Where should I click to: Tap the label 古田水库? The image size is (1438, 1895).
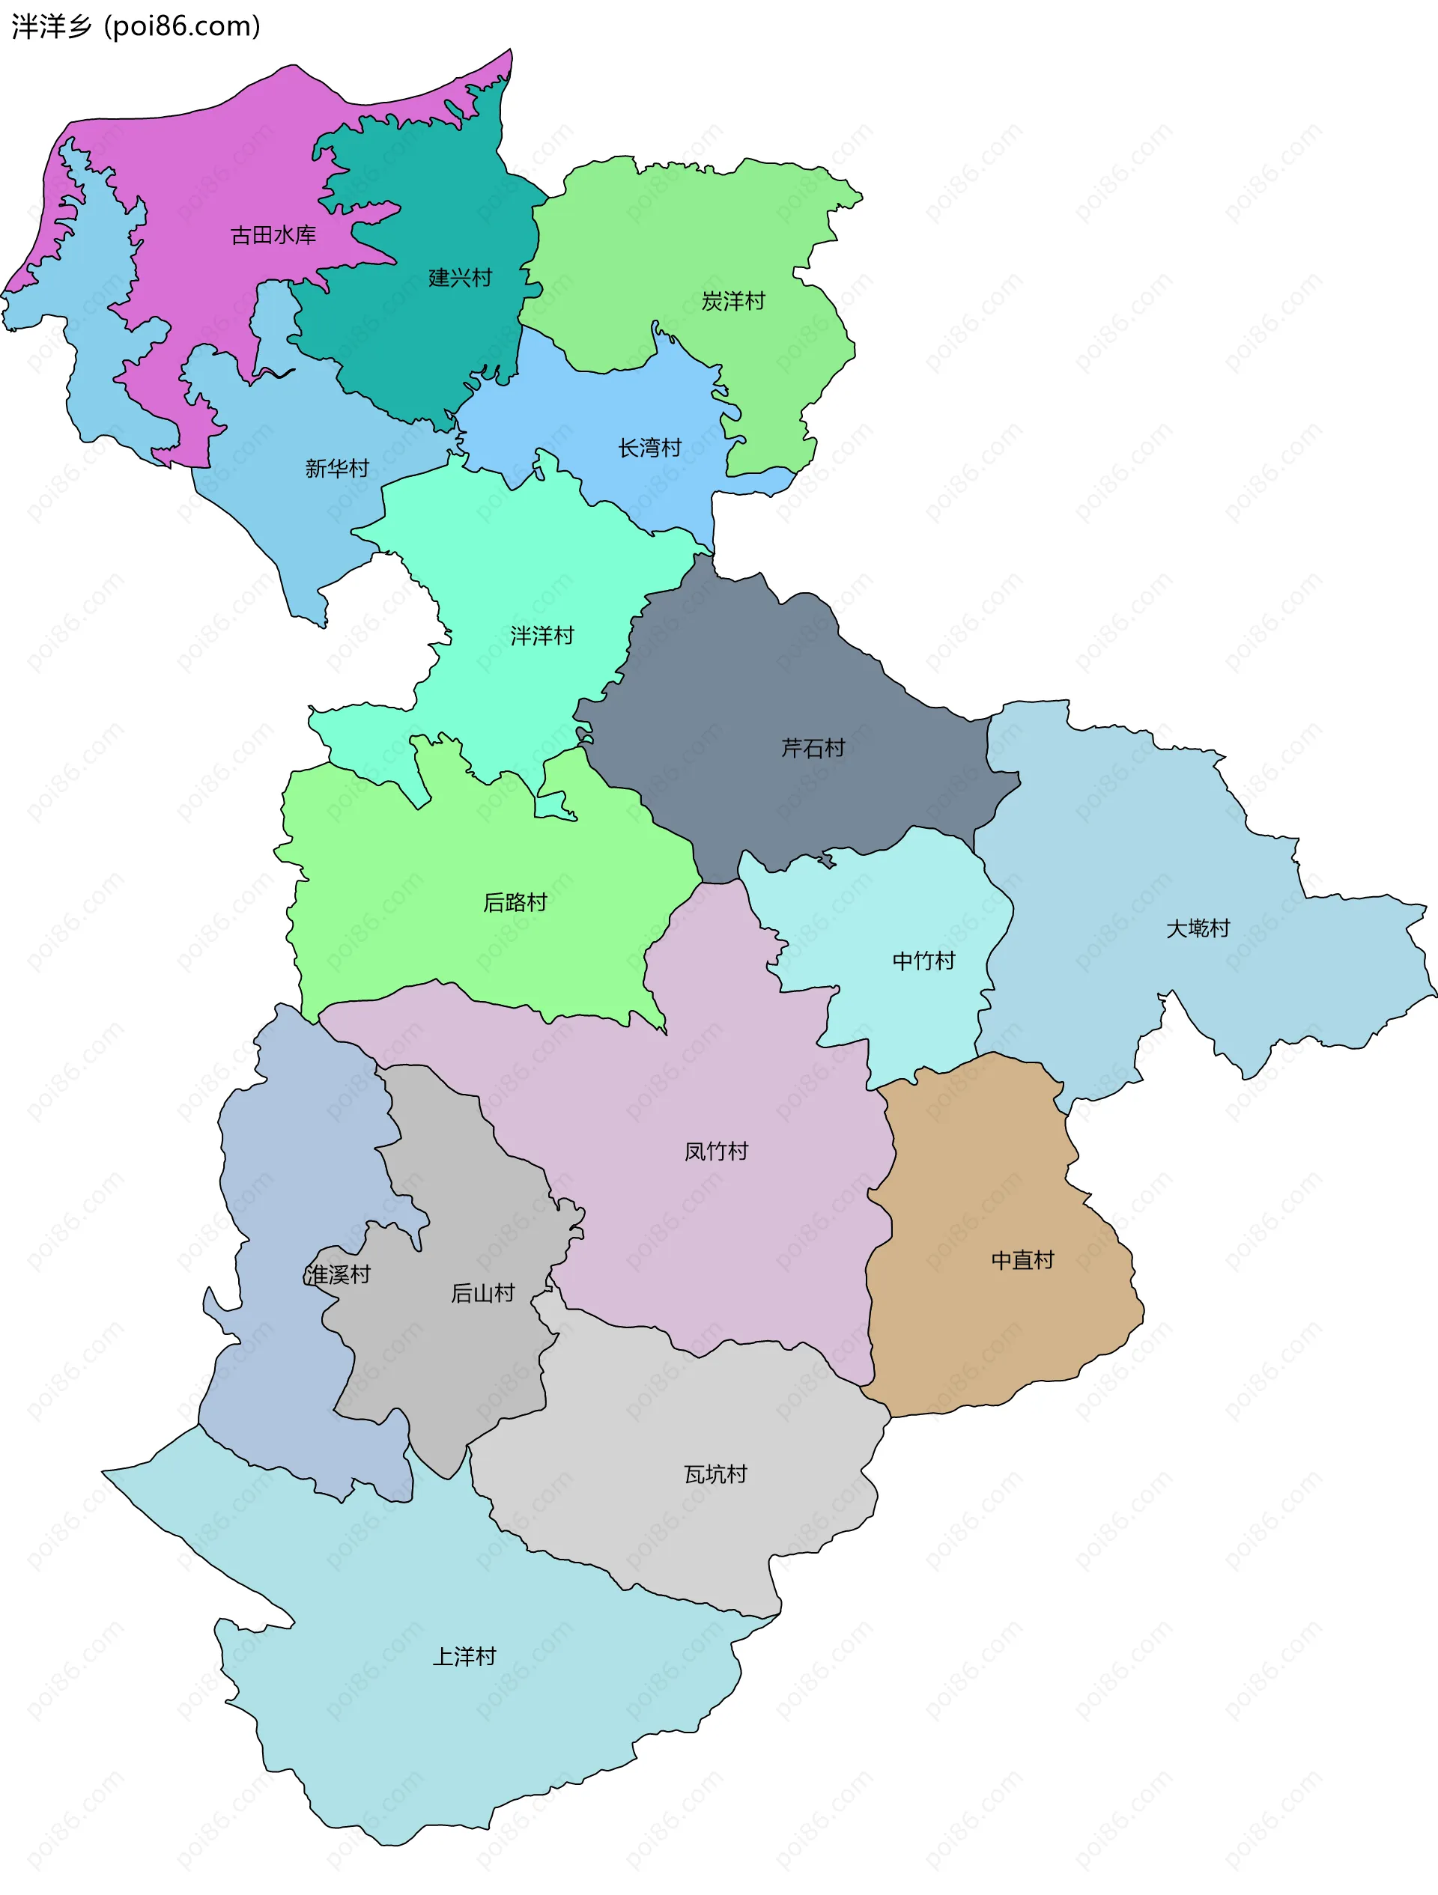click(x=273, y=235)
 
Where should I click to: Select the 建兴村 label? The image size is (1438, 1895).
click(x=460, y=278)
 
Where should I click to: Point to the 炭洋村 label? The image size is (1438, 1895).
click(x=732, y=301)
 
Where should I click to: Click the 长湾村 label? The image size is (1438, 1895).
click(x=649, y=447)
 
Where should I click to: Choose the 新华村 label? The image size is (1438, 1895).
click(x=337, y=468)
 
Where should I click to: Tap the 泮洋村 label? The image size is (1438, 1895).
click(x=541, y=635)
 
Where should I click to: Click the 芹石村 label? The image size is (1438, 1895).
click(x=813, y=748)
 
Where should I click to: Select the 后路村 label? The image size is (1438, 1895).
click(x=515, y=902)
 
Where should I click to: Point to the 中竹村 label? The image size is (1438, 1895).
click(x=923, y=961)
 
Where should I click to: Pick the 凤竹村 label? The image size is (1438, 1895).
click(x=715, y=1151)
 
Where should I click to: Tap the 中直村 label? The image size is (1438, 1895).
click(x=1022, y=1259)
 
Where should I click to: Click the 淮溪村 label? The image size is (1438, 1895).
click(x=337, y=1275)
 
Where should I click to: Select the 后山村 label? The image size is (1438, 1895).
click(x=482, y=1293)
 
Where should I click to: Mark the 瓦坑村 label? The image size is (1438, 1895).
click(x=715, y=1473)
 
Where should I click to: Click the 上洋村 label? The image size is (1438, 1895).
click(x=464, y=1656)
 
